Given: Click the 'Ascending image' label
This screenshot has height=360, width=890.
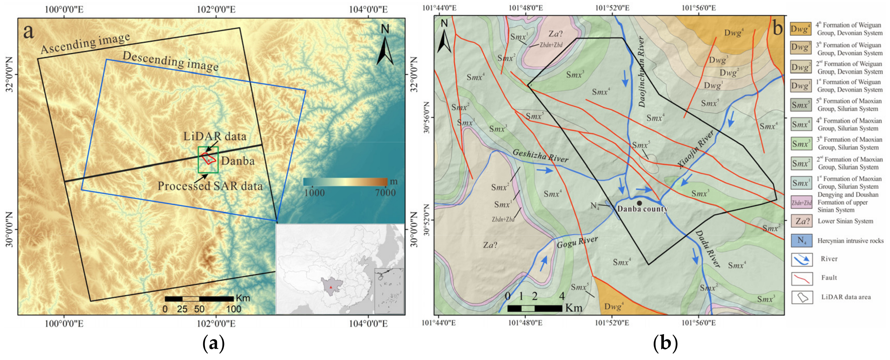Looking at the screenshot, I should click(85, 44).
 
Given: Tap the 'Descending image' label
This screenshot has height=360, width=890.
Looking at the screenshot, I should click(170, 61).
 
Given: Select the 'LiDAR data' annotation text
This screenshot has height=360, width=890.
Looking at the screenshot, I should click(215, 136).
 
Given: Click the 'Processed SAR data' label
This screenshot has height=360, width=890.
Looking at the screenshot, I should click(210, 186).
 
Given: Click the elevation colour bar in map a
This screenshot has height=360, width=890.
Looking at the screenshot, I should click(345, 182).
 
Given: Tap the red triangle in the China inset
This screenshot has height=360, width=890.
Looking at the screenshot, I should click(331, 287).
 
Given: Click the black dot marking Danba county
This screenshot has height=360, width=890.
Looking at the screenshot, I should click(639, 203).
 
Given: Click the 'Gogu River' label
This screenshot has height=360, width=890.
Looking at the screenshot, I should click(577, 242).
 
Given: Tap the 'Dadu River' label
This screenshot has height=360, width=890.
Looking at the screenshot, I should click(707, 249).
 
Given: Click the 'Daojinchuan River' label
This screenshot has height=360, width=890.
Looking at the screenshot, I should click(641, 72).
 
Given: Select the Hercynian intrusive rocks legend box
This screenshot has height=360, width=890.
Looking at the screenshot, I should click(801, 240).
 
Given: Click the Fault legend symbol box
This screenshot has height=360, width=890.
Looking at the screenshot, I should click(802, 278).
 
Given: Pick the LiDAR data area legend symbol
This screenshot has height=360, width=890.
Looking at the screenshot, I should click(802, 297).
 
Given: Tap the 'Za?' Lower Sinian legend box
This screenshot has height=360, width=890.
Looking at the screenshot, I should click(801, 221).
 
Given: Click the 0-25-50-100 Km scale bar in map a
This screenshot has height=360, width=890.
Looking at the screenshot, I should click(199, 299).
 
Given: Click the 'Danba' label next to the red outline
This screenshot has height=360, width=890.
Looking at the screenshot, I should click(238, 161).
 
